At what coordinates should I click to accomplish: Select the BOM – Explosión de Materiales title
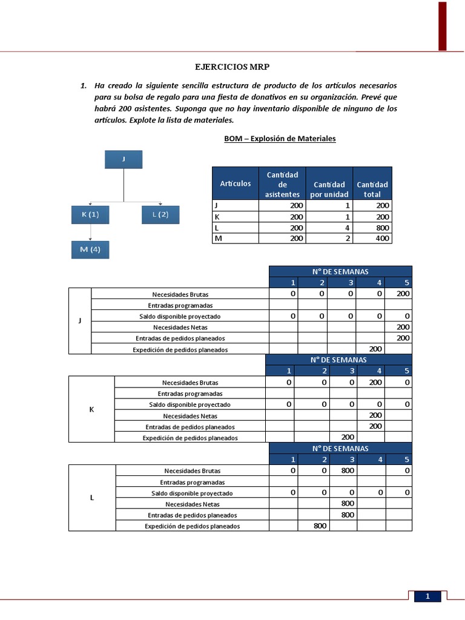pos(280,139)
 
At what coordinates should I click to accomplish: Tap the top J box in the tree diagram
pos(124,159)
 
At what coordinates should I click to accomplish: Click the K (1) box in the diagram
pos(90,215)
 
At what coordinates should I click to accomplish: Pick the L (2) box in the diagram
pos(160,215)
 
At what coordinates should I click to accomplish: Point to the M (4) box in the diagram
pos(90,249)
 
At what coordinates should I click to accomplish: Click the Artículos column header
pos(236,183)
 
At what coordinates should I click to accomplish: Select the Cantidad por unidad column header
pos(329,189)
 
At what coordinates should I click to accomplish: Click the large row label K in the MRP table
pos(91,410)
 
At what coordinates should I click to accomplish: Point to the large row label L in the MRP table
pos(91,498)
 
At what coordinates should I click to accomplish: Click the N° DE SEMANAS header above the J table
pos(340,271)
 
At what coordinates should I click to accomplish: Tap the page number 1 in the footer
pos(427,597)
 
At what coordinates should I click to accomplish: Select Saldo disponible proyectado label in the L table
pos(192,493)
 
